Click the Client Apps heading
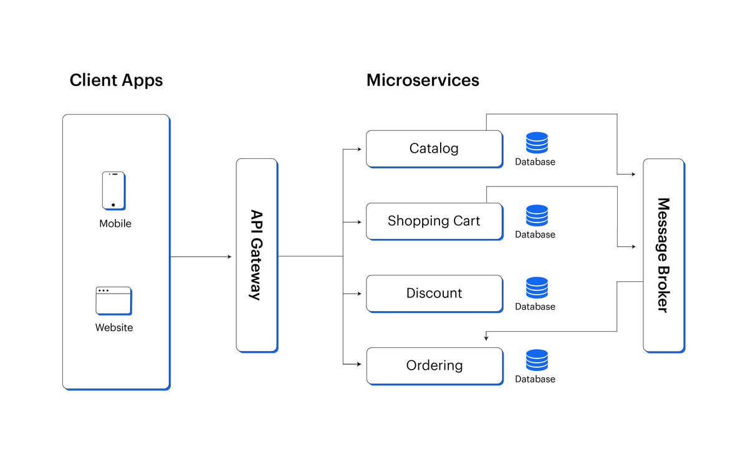116,80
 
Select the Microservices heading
423,80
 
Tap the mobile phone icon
113,190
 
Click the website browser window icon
113,301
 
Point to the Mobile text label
115,223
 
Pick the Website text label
114,327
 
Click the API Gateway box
256,255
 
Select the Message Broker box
663,255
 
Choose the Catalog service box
434,148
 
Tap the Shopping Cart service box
434,221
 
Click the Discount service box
434,293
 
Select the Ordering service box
434,365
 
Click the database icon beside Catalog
537,143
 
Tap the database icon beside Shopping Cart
537,215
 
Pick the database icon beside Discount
537,287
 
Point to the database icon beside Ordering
537,360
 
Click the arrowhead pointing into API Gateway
229,256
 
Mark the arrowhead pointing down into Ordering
486,339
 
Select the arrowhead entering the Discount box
360,294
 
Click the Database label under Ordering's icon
535,379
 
